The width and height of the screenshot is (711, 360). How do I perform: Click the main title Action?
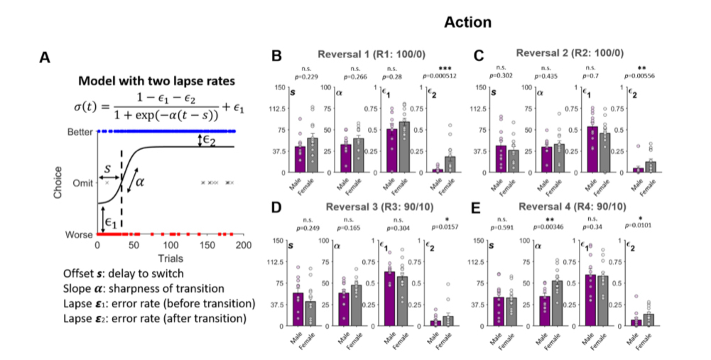tap(467, 23)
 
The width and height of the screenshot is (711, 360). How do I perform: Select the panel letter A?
tap(44, 56)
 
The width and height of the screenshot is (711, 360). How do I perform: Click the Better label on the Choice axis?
tap(80, 131)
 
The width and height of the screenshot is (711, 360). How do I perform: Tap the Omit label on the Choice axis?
tap(84, 183)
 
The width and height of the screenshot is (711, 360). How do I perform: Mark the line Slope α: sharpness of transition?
tap(154, 289)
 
